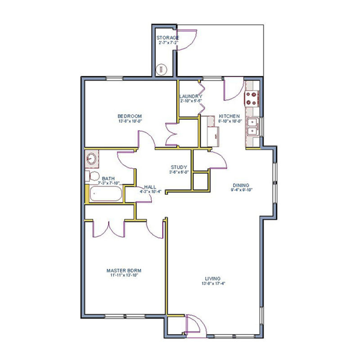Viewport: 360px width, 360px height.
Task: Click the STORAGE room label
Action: tap(168, 38)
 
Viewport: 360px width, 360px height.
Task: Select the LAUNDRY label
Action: tap(190, 96)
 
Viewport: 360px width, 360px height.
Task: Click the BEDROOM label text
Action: tap(130, 116)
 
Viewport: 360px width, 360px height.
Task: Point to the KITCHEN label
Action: tap(229, 116)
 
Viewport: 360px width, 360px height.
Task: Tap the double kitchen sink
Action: tap(252, 126)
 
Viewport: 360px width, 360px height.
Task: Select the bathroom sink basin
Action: tap(91, 158)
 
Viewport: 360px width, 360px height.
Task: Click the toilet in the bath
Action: tap(93, 176)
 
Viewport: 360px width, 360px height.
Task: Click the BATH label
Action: tap(108, 178)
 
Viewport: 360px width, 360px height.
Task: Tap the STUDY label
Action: tap(179, 167)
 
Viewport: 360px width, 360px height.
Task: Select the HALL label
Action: tap(150, 187)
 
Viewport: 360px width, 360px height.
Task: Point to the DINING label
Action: tap(241, 184)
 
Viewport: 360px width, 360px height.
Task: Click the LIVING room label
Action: tap(213, 279)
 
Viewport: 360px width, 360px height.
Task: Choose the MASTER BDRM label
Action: tap(124, 270)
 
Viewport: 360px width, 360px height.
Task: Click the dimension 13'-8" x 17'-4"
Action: tap(213, 284)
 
